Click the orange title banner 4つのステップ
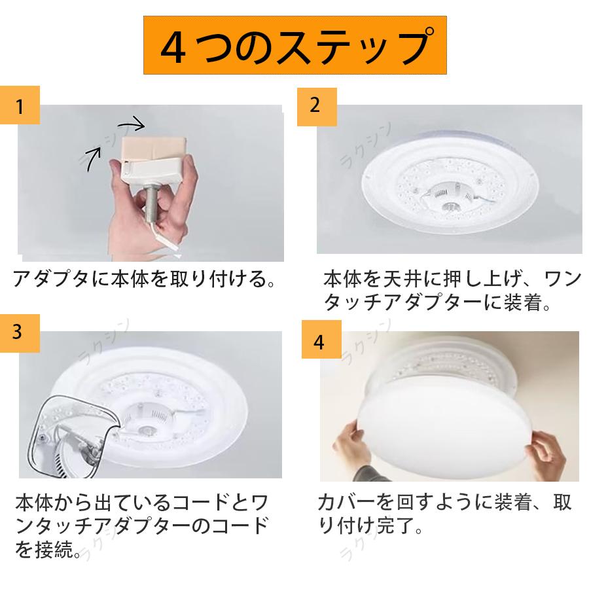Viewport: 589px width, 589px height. [294, 45]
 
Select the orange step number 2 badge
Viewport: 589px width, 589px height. [317, 105]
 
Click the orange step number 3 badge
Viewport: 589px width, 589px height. [20, 332]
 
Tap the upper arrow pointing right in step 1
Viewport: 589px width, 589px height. [133, 122]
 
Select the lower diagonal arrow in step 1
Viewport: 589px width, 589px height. [92, 158]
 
